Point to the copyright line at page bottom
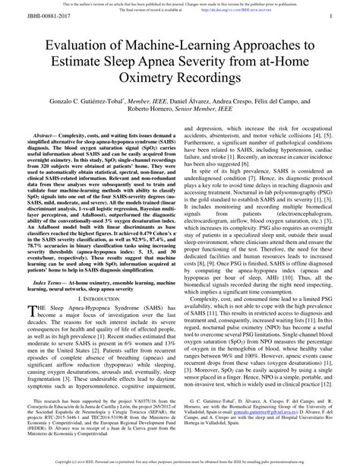pos(180,461)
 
